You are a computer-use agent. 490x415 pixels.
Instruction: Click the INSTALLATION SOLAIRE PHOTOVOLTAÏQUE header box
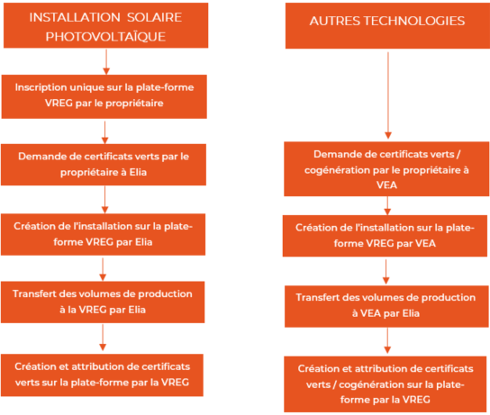106,25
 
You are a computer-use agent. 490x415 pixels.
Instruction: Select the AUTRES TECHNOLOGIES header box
387,26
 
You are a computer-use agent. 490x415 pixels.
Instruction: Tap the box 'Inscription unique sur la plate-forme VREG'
104,96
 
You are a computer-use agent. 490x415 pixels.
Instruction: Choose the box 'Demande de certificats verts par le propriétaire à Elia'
104,165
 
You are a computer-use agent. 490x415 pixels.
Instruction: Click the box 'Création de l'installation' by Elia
103,235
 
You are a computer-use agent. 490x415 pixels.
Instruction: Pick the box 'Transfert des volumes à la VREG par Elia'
103,302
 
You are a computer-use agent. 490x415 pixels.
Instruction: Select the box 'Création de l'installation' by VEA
385,236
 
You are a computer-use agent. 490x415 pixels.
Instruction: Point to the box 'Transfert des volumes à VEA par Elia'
386,306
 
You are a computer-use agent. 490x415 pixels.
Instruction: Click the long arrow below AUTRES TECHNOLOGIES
388,95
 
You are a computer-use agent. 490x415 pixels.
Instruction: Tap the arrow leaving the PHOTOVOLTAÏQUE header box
106,62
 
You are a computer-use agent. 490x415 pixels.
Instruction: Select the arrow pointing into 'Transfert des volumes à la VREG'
103,269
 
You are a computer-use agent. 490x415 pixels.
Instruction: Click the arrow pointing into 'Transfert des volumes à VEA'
386,272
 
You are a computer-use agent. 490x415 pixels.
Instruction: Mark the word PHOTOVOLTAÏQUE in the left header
105,37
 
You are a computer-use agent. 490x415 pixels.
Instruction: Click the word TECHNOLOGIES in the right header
414,21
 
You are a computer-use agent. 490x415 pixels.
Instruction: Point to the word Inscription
41,87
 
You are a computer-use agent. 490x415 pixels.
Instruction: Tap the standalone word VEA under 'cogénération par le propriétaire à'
386,185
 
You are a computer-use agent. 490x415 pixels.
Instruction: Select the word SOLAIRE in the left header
154,17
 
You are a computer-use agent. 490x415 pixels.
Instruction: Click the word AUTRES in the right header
335,21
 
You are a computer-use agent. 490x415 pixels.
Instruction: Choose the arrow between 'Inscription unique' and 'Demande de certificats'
105,132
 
